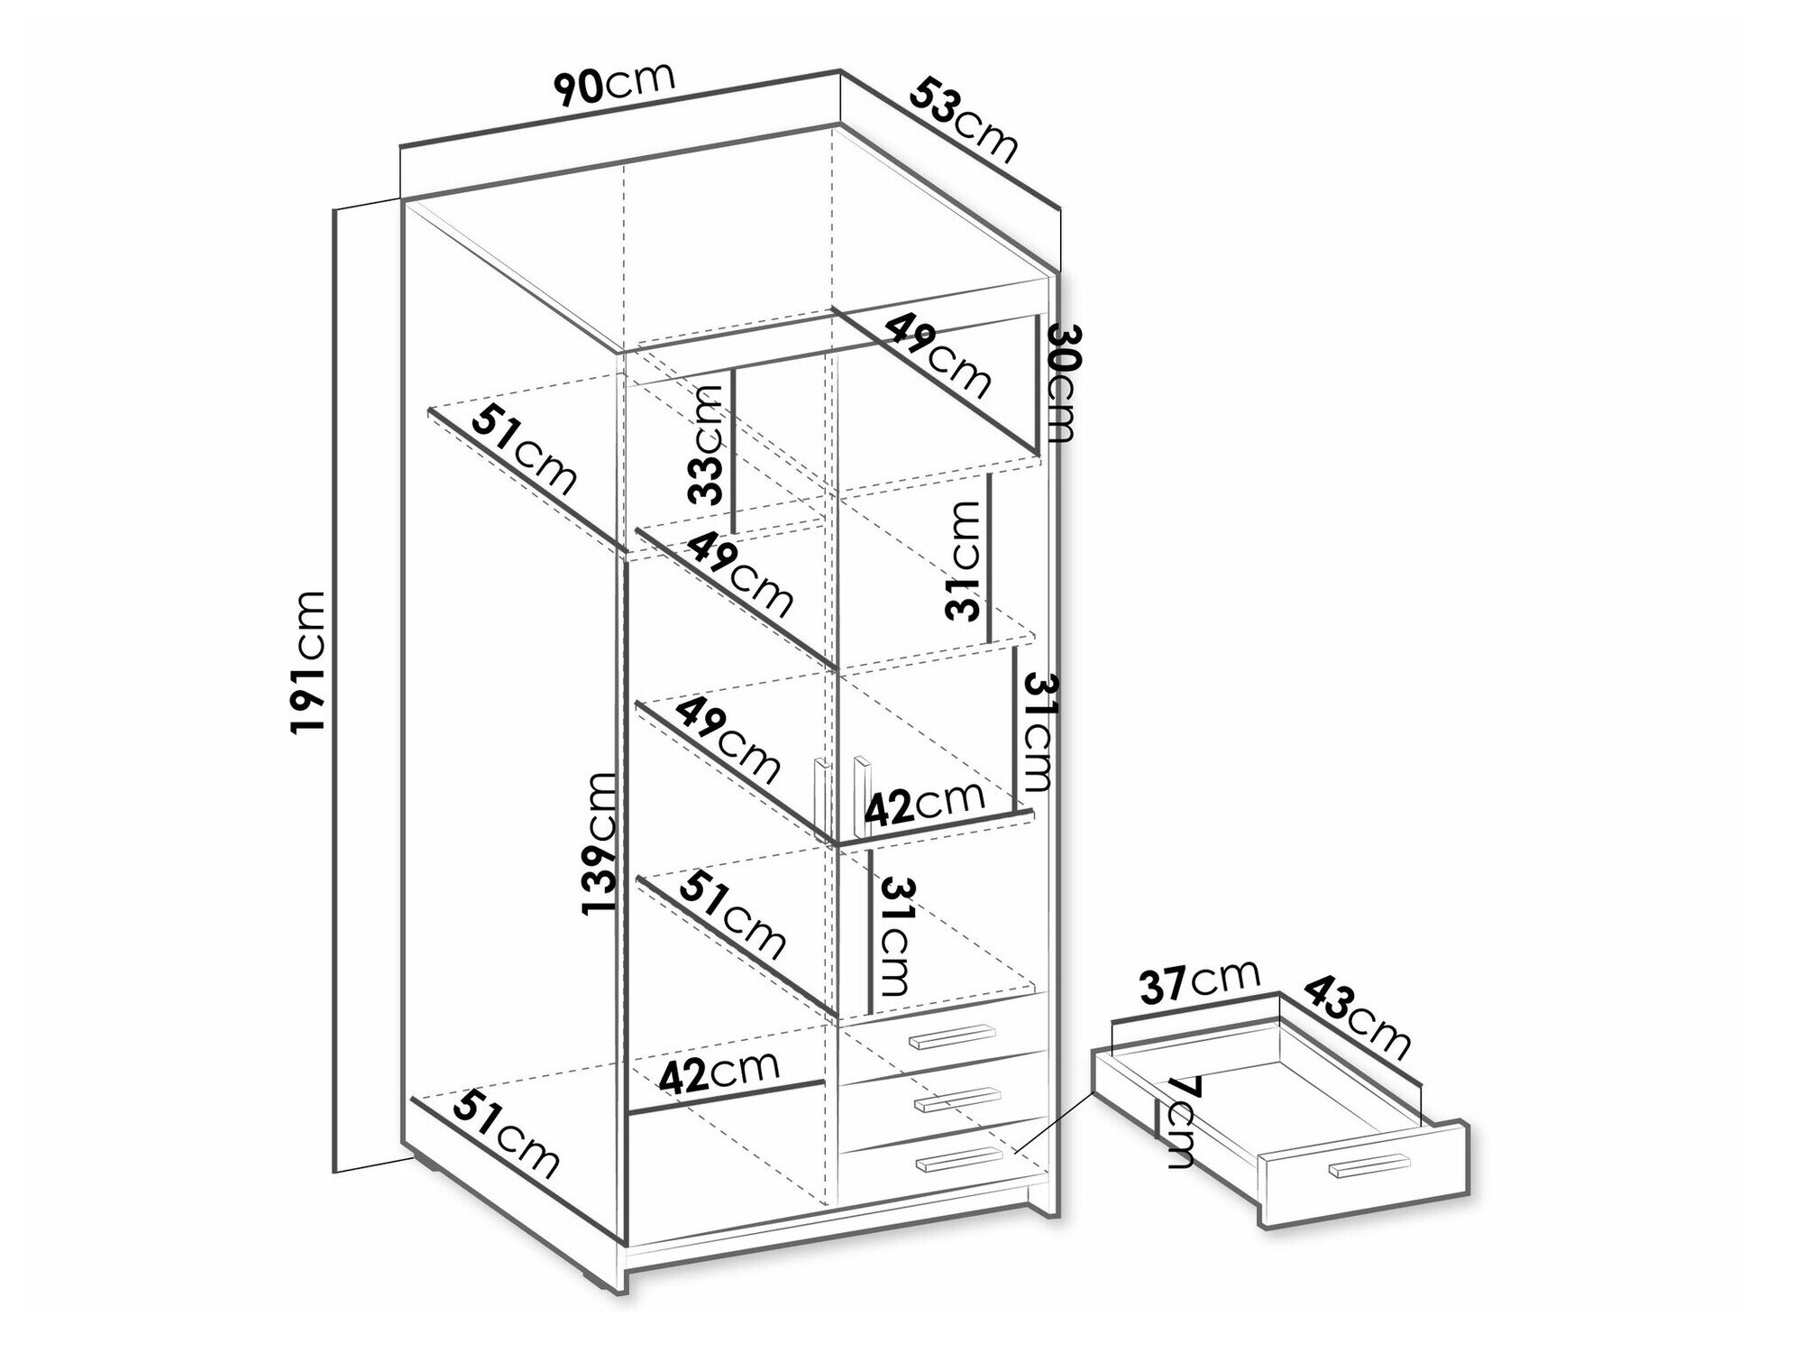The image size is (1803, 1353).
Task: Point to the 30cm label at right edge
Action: [1060, 383]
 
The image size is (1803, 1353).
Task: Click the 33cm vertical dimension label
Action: [705, 443]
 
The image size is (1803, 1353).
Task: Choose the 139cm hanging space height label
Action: [599, 842]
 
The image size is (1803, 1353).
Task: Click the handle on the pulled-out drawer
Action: [1368, 1165]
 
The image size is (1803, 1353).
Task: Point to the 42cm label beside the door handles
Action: [925, 804]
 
